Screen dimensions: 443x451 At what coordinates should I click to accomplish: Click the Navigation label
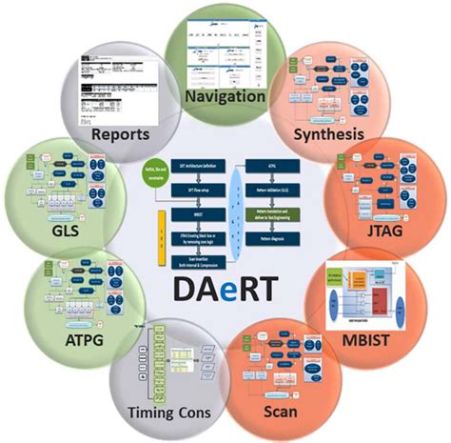(x=225, y=96)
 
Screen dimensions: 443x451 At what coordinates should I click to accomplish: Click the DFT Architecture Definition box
(x=198, y=166)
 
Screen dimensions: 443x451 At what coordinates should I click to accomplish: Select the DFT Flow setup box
(x=198, y=190)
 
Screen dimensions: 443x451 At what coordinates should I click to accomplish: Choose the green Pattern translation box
(x=272, y=214)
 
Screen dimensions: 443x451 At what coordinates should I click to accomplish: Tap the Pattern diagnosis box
(x=272, y=238)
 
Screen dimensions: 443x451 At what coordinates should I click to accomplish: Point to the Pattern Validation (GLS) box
(x=272, y=190)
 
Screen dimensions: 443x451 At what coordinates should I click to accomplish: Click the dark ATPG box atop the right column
(x=272, y=166)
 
